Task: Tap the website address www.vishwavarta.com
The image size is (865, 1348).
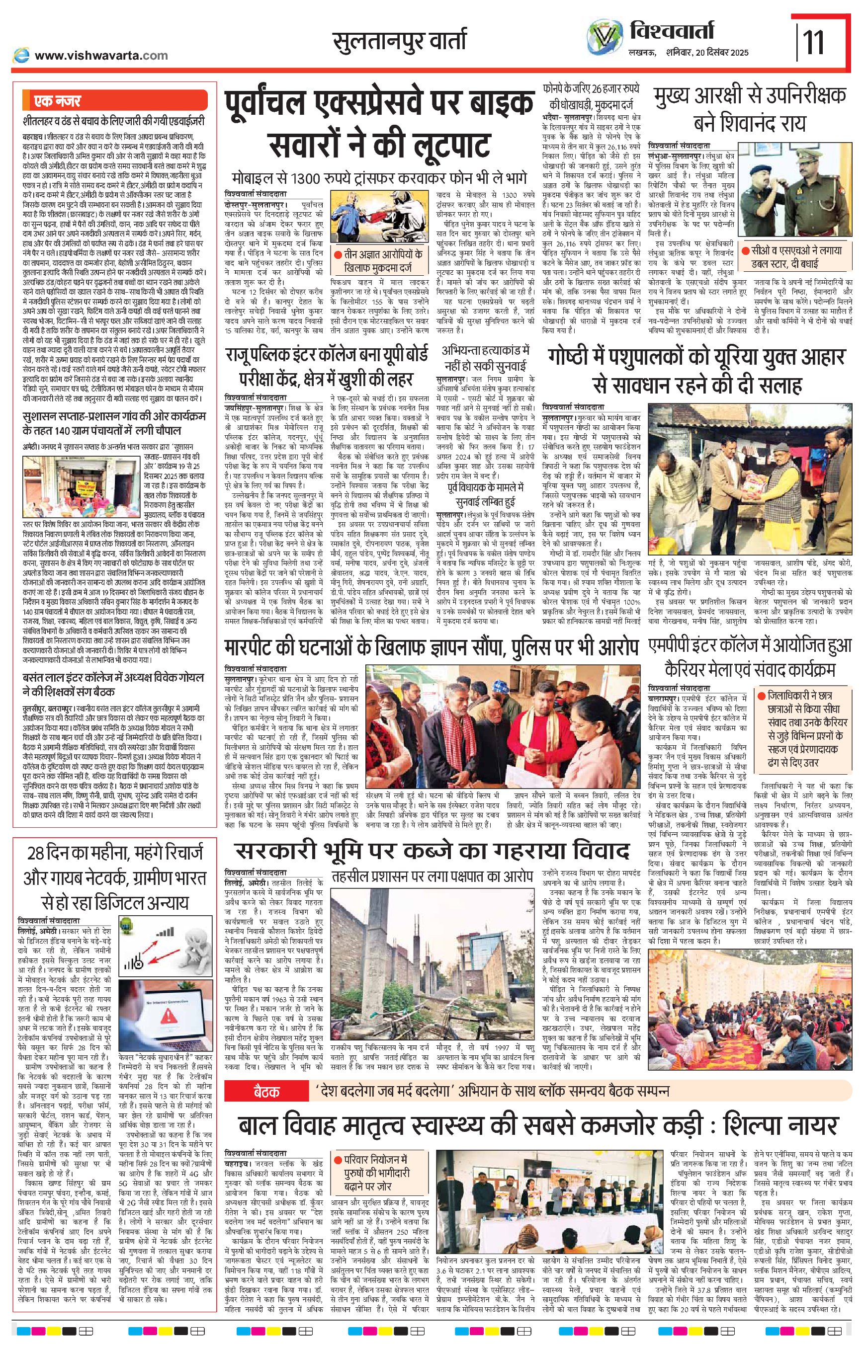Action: [x=101, y=55]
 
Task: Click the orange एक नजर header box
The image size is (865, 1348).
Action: [x=114, y=101]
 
